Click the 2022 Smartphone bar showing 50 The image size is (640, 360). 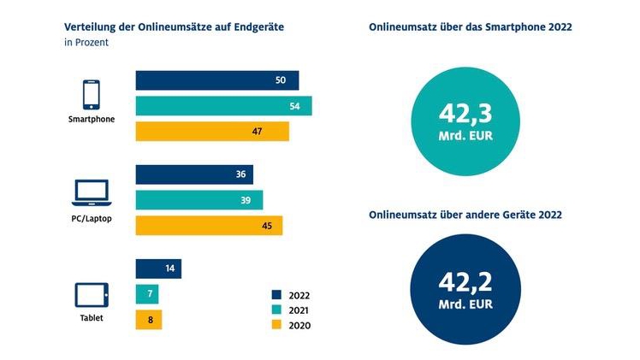pyautogui.click(x=217, y=80)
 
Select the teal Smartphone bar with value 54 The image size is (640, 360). pyautogui.click(x=223, y=106)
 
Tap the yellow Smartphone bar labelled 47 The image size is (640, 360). pyautogui.click(x=212, y=132)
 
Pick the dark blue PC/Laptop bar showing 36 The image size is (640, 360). pyautogui.click(x=194, y=174)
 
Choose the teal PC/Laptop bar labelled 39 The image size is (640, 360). pyautogui.click(x=199, y=199)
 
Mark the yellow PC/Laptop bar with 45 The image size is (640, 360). pyautogui.click(x=209, y=225)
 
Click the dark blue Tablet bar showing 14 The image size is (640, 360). pyautogui.click(x=158, y=269)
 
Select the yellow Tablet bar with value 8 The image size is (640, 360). pyautogui.click(x=148, y=320)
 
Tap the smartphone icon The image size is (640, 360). pyautogui.click(x=91, y=93)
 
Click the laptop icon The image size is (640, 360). pyautogui.click(x=91, y=194)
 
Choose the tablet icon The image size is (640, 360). pyautogui.click(x=91, y=296)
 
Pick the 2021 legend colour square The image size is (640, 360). pyautogui.click(x=276, y=309)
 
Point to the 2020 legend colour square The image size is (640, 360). pyautogui.click(x=276, y=325)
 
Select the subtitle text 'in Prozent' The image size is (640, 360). pyautogui.click(x=86, y=44)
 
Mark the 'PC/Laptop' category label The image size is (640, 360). pyautogui.click(x=91, y=219)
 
